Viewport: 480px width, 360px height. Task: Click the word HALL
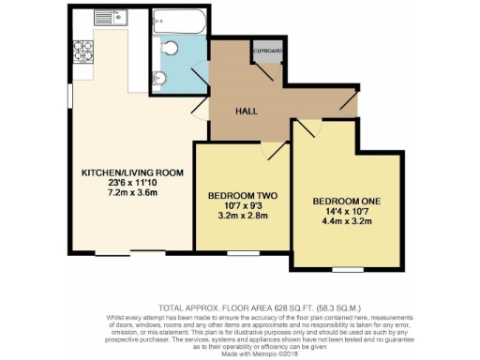[x=245, y=110]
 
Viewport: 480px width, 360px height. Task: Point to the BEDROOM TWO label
[x=237, y=196]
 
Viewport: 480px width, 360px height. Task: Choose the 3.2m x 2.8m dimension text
[x=237, y=217]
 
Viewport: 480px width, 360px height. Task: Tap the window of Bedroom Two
[x=243, y=251]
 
